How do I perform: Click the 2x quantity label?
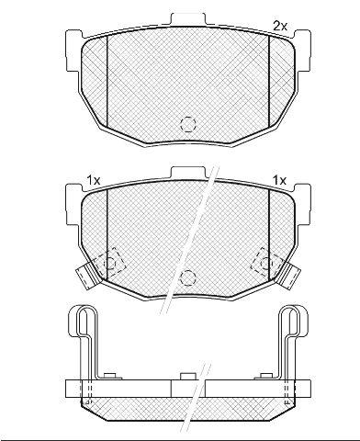pos(280,27)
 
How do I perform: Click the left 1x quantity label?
pos(94,180)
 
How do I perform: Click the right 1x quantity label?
pos(279,180)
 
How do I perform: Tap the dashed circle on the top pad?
pos(188,124)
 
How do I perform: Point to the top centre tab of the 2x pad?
pos(188,19)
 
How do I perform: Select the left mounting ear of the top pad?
pos(74,51)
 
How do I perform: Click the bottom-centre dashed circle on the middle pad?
pos(188,277)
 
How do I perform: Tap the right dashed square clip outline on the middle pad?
pos(266,263)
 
